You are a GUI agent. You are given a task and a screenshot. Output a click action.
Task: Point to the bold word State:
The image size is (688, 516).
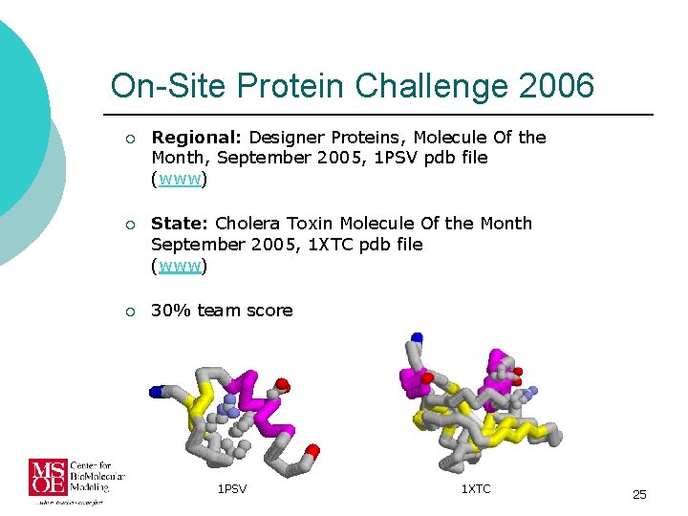(180, 224)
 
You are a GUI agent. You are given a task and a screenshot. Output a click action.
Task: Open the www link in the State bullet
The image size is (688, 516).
(180, 266)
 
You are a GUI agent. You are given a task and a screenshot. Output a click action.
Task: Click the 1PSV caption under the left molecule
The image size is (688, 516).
(232, 489)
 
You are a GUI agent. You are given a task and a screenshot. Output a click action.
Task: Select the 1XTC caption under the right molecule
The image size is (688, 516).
(476, 489)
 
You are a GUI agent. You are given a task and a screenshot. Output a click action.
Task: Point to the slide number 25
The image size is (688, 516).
(639, 494)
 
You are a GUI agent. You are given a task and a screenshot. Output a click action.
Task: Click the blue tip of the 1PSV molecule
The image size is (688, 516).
(157, 391)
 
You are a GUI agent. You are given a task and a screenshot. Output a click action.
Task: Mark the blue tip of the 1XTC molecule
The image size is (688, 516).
(416, 338)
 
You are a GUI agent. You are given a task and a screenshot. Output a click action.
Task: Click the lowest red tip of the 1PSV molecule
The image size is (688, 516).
(312, 450)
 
